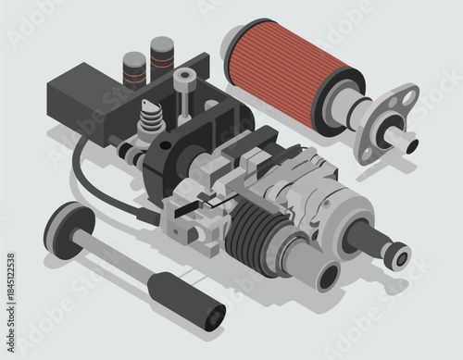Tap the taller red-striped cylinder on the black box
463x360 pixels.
coord(162,56)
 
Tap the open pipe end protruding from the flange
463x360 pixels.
coord(408,143)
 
